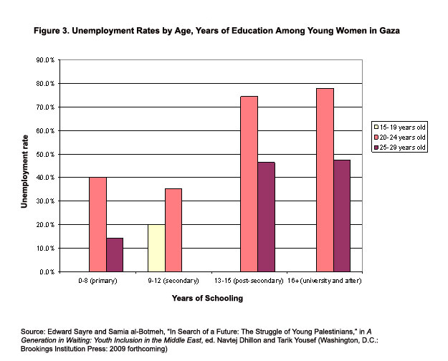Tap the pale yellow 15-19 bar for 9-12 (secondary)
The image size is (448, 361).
click(x=156, y=248)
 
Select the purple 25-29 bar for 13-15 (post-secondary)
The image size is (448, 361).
click(x=266, y=216)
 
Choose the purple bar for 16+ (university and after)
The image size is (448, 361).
click(x=342, y=216)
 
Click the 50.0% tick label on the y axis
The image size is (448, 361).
click(x=45, y=154)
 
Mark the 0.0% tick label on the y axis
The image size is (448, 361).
click(x=47, y=272)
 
